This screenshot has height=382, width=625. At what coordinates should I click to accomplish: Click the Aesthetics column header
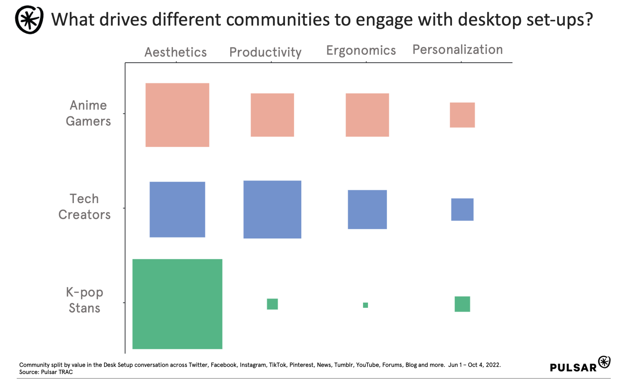175,52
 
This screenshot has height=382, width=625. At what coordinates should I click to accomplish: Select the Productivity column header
265,52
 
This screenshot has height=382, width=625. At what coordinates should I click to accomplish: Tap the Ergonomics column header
361,50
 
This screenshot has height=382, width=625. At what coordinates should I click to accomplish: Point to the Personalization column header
457,49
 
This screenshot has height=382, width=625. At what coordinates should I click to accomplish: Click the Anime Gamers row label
88,113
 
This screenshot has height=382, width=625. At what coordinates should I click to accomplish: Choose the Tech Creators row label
85,207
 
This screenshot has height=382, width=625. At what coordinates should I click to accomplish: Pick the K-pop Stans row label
85,300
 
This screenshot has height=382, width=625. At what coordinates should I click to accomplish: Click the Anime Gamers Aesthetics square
177,115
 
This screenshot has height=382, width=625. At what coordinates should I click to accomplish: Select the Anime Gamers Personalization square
462,115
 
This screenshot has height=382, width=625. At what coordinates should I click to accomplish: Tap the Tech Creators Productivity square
272,209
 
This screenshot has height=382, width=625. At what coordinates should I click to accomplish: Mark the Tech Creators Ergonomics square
367,209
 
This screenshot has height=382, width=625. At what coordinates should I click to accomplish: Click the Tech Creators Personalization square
462,209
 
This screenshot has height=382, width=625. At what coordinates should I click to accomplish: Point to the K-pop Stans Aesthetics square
177,304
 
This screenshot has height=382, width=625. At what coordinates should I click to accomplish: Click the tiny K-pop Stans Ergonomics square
365,305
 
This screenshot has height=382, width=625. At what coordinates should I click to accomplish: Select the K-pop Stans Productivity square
272,304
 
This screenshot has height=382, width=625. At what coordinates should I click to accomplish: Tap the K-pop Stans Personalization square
462,304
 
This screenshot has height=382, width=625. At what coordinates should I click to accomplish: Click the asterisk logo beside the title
29,20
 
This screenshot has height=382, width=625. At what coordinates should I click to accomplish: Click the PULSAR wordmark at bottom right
573,367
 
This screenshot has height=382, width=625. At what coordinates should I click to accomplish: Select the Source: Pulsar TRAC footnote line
46,372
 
